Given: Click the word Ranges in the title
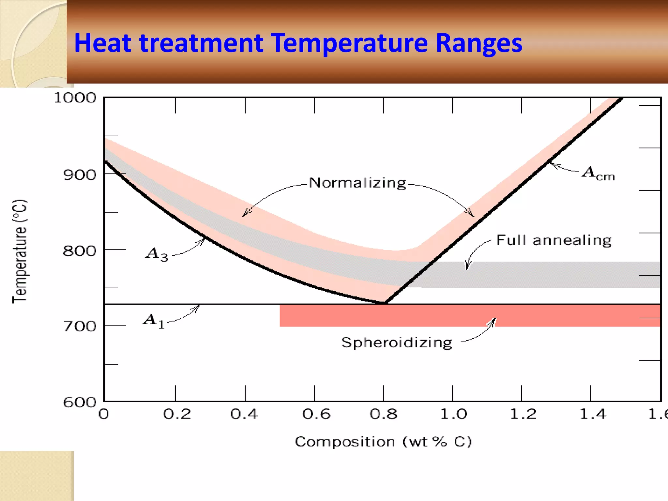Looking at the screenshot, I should pyautogui.click(x=479, y=43).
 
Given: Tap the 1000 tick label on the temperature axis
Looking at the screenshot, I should pyautogui.click(x=75, y=98).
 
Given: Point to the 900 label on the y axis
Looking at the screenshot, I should pyautogui.click(x=80, y=175).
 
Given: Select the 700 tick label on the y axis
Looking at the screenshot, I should pyautogui.click(x=80, y=326).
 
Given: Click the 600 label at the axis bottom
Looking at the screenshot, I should pyautogui.click(x=80, y=402).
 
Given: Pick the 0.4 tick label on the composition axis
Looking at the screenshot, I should pyautogui.click(x=244, y=414).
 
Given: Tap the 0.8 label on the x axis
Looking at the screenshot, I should pyautogui.click(x=384, y=414).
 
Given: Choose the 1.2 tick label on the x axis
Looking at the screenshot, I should pyautogui.click(x=523, y=414).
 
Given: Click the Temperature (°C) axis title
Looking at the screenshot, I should pyautogui.click(x=20, y=251).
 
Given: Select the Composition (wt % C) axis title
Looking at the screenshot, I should pyautogui.click(x=383, y=442).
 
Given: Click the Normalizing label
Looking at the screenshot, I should pyautogui.click(x=357, y=183).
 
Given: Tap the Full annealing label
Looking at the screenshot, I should pyautogui.click(x=554, y=240).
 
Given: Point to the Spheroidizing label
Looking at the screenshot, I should pyautogui.click(x=397, y=343).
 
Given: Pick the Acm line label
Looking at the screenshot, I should pyautogui.click(x=598, y=173).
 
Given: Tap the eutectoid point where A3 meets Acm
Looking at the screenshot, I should pyautogui.click(x=385, y=303).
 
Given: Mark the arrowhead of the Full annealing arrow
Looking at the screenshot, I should pyautogui.click(x=467, y=268).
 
